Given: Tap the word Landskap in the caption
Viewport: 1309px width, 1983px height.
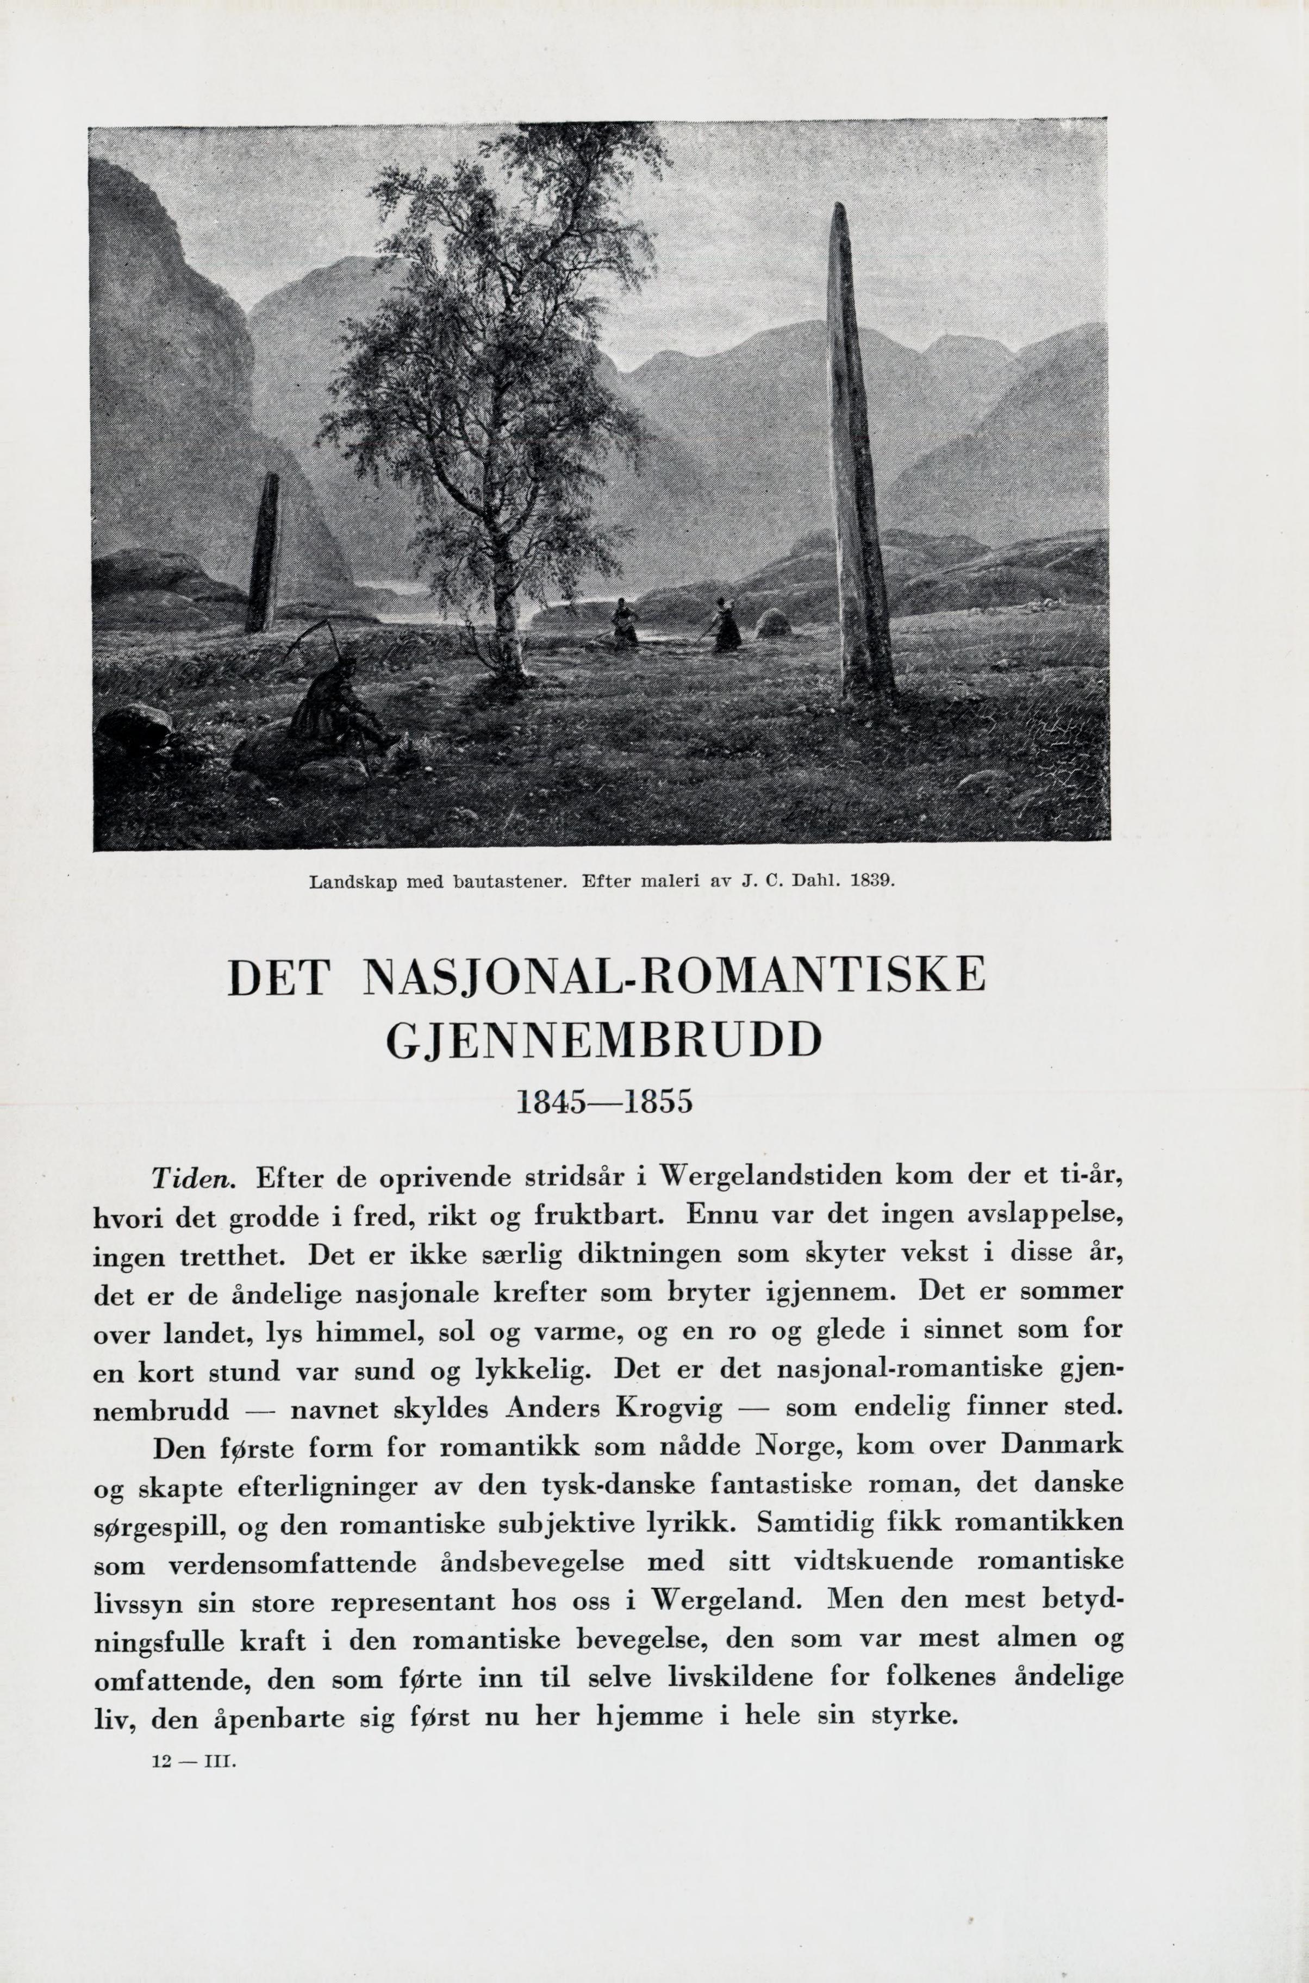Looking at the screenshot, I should point(345,881).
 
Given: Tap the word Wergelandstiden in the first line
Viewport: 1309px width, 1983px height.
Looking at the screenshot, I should point(770,1177).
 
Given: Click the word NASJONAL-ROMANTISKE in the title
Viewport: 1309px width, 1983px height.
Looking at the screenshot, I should point(675,977).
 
